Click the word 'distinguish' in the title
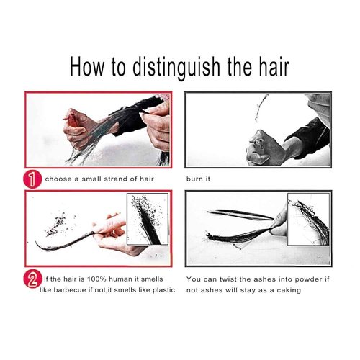coord(176,67)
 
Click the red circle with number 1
coord(32,179)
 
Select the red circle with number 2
coord(32,279)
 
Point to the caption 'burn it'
coord(198,179)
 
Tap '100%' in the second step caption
coord(96,279)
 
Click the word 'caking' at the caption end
coord(289,290)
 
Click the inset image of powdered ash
coord(148,219)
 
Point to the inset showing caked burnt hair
coord(308,219)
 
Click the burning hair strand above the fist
coord(261,108)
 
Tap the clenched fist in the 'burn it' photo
coord(265,148)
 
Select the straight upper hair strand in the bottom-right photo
coord(240,215)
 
